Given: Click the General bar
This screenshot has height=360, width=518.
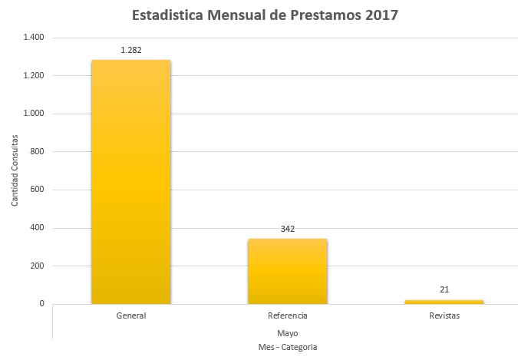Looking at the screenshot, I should point(131,182).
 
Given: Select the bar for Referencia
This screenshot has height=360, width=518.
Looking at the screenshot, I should point(287,271).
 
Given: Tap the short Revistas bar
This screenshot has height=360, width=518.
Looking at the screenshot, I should point(444,302).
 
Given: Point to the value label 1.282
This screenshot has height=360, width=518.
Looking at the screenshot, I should point(131,50).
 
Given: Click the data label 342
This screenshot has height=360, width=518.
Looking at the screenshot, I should point(288,229).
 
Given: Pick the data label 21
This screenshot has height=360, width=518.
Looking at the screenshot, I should point(444,290).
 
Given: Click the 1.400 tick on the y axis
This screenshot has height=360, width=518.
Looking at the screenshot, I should point(34,38).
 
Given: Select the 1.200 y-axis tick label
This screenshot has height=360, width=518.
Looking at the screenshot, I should point(34,76).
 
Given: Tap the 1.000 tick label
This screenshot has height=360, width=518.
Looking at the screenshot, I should point(34,114).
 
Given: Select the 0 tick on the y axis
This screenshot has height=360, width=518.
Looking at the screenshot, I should point(42,304).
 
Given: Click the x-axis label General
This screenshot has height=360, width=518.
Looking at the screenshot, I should point(131,315).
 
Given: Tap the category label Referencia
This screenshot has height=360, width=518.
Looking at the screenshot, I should point(288,315).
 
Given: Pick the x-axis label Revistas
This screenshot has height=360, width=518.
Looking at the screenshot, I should point(444,315).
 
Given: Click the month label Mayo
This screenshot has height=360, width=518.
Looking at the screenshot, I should point(288,333).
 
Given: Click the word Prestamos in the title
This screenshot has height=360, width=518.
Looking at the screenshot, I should point(324,15).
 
